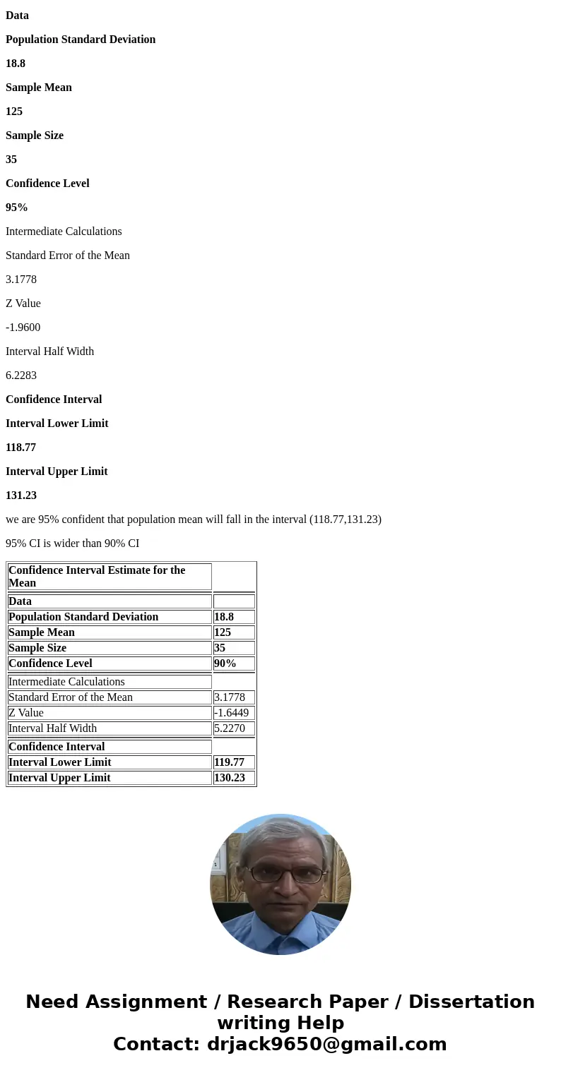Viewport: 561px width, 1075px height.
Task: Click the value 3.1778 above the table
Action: [21, 280]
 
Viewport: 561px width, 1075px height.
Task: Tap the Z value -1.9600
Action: [23, 328]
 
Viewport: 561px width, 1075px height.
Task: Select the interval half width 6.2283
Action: [21, 376]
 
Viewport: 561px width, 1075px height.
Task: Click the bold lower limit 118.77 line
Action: [21, 448]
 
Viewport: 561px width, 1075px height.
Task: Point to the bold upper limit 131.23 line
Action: [21, 496]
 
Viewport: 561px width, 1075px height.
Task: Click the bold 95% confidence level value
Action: [17, 208]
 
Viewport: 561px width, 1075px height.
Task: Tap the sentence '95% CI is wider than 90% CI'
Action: [73, 543]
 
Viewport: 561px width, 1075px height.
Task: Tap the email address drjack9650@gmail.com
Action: [326, 1044]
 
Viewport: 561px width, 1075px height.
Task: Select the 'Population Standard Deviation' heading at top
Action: [81, 40]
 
